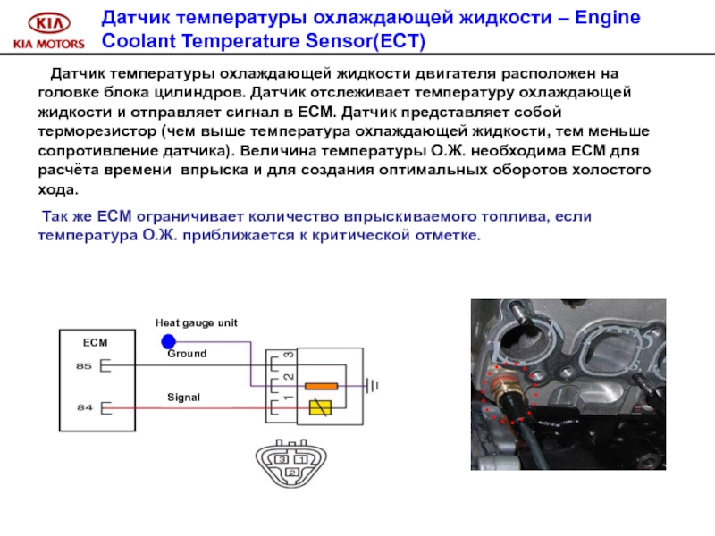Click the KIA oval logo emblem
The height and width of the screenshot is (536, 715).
pos(49,23)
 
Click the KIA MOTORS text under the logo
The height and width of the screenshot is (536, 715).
pos(49,44)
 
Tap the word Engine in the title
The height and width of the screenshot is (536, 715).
pos(608,18)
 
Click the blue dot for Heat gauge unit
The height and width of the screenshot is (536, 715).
pos(168,341)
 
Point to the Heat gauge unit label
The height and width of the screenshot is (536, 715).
pos(196,323)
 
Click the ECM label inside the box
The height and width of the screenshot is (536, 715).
pos(95,343)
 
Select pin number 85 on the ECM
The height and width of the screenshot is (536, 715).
pos(84,366)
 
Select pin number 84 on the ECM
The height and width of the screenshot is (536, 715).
pos(84,407)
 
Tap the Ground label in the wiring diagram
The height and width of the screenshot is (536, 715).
pos(187,354)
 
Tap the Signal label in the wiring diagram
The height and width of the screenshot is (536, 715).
pos(184,398)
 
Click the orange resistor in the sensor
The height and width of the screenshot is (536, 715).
pos(322,387)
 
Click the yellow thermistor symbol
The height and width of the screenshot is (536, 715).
pos(320,407)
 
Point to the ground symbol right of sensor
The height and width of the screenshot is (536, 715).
pos(373,387)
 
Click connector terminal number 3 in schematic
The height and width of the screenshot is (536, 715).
pos(289,355)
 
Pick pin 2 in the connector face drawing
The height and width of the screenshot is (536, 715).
pos(292,473)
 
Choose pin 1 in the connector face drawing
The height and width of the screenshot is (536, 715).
pos(301,459)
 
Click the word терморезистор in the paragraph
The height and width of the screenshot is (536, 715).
pos(99,131)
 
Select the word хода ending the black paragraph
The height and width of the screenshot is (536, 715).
pos(58,189)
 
